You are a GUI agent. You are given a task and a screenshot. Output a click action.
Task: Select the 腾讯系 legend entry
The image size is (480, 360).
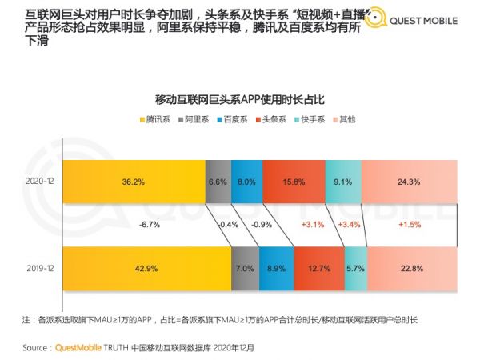[158, 119]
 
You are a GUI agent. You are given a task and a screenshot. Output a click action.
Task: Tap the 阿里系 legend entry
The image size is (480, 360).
[194, 119]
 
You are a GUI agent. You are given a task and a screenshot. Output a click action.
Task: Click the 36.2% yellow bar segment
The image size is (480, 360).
[133, 182]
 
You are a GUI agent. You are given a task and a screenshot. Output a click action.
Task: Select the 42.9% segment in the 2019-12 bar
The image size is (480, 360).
[147, 268]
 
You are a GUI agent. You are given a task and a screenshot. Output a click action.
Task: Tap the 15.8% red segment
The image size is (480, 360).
[294, 182]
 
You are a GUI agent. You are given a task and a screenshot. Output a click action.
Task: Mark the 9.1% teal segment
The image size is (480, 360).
[343, 182]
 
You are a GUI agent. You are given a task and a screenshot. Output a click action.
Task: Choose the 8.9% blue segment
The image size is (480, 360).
[276, 268]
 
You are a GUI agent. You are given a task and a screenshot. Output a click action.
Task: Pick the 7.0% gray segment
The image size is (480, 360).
[246, 268]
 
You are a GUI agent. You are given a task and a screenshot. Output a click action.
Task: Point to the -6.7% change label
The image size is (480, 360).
[150, 225]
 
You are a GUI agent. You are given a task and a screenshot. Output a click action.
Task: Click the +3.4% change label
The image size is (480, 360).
[349, 225]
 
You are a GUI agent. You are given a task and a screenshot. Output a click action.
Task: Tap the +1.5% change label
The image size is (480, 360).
[410, 225]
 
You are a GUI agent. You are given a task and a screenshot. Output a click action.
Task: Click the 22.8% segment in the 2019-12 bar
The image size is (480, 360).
[411, 268]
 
